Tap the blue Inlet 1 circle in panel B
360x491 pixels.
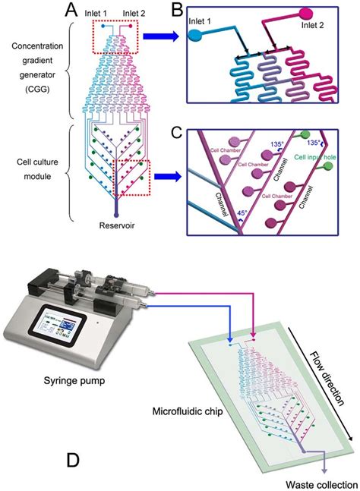(194, 35)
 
